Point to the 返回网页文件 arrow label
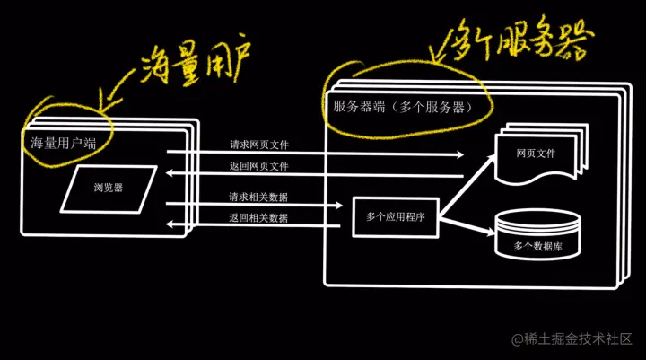(258, 166)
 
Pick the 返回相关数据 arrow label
(258, 218)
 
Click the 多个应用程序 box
(395, 216)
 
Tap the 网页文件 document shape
(537, 154)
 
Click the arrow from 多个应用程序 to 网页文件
(466, 183)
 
